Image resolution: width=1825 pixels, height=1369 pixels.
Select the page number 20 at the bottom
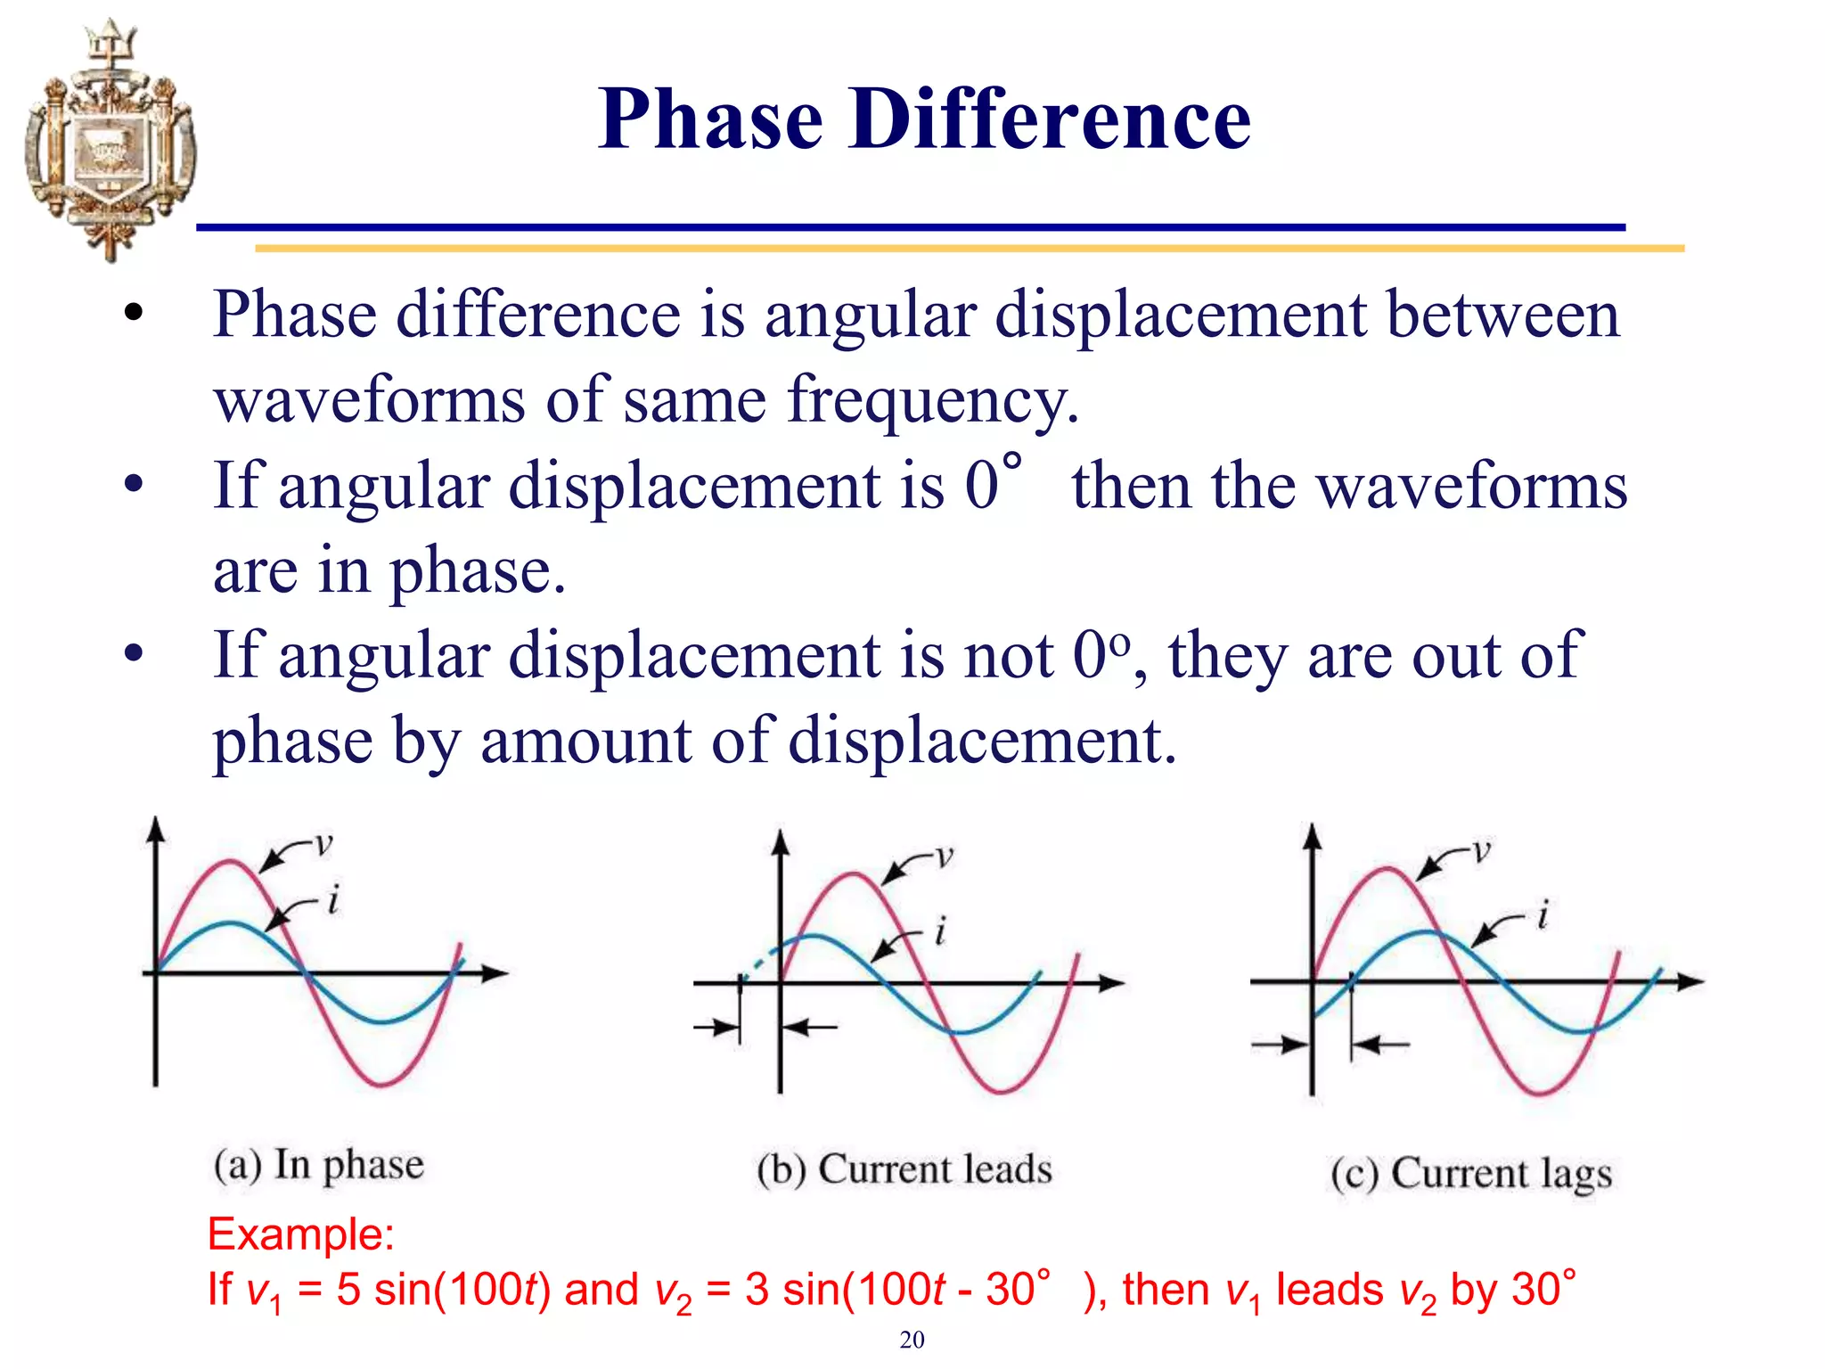[912, 1340]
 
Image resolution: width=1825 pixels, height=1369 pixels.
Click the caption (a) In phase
[318, 1165]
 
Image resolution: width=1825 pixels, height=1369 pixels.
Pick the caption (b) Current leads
[904, 1169]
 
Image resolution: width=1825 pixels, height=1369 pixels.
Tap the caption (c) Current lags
[1471, 1174]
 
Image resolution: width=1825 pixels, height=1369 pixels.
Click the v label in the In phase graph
[323, 843]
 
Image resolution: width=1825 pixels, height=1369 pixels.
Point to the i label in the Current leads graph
[939, 932]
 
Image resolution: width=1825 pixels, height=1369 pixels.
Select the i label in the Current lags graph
[1543, 915]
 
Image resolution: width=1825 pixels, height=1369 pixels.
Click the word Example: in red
[300, 1234]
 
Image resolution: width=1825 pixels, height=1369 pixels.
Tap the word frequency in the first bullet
[932, 400]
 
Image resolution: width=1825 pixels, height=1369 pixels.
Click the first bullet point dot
[134, 314]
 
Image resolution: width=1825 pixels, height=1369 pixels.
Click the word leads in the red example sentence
[1330, 1290]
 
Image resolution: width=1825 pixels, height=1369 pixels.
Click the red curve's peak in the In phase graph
[231, 862]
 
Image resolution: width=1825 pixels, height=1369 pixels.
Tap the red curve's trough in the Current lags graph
[1540, 1092]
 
